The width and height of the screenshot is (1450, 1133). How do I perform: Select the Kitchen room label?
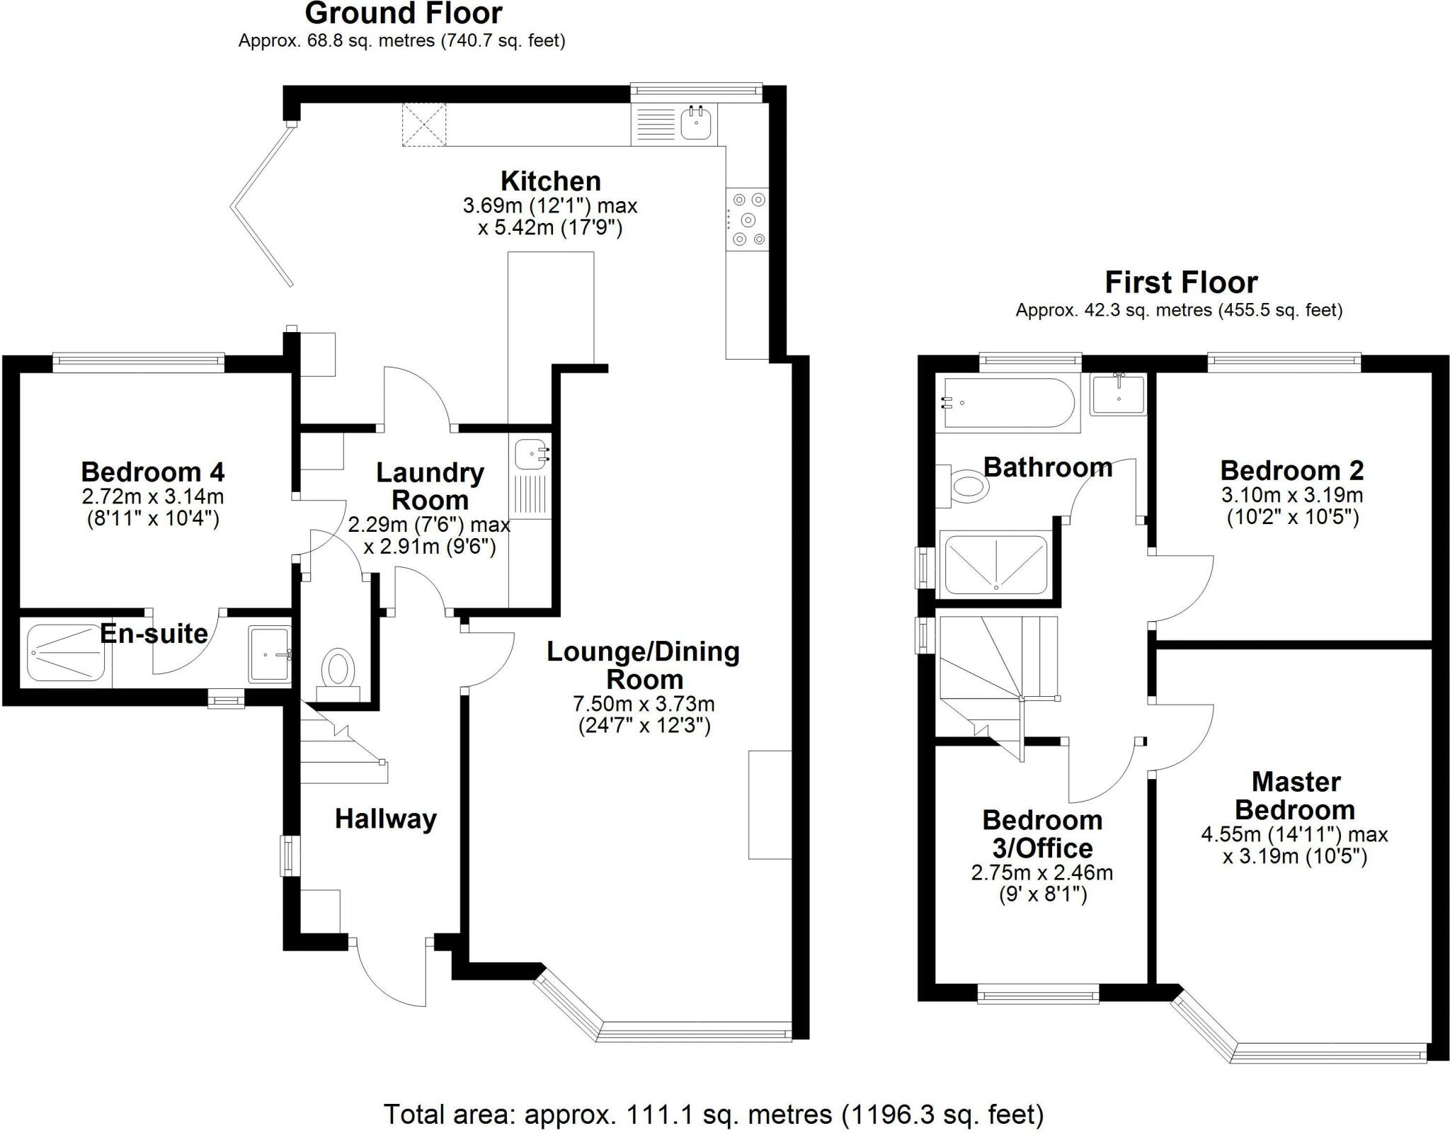click(551, 181)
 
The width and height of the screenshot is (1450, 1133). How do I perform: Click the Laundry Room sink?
click(530, 454)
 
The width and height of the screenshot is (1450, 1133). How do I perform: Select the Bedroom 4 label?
click(153, 471)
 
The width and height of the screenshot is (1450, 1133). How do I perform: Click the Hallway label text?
click(386, 819)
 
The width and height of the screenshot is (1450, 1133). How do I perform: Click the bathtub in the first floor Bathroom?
click(1008, 403)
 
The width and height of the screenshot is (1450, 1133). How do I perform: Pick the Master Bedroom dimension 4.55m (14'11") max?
click(1294, 835)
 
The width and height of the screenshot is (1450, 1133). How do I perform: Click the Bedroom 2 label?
click(1292, 470)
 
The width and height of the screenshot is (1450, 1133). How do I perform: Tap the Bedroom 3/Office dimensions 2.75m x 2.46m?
click(1042, 872)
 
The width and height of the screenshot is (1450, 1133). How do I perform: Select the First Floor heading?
click(1181, 283)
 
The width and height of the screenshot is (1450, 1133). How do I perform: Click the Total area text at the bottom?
click(714, 1115)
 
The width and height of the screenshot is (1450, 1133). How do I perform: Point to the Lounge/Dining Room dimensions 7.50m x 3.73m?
click(644, 704)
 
